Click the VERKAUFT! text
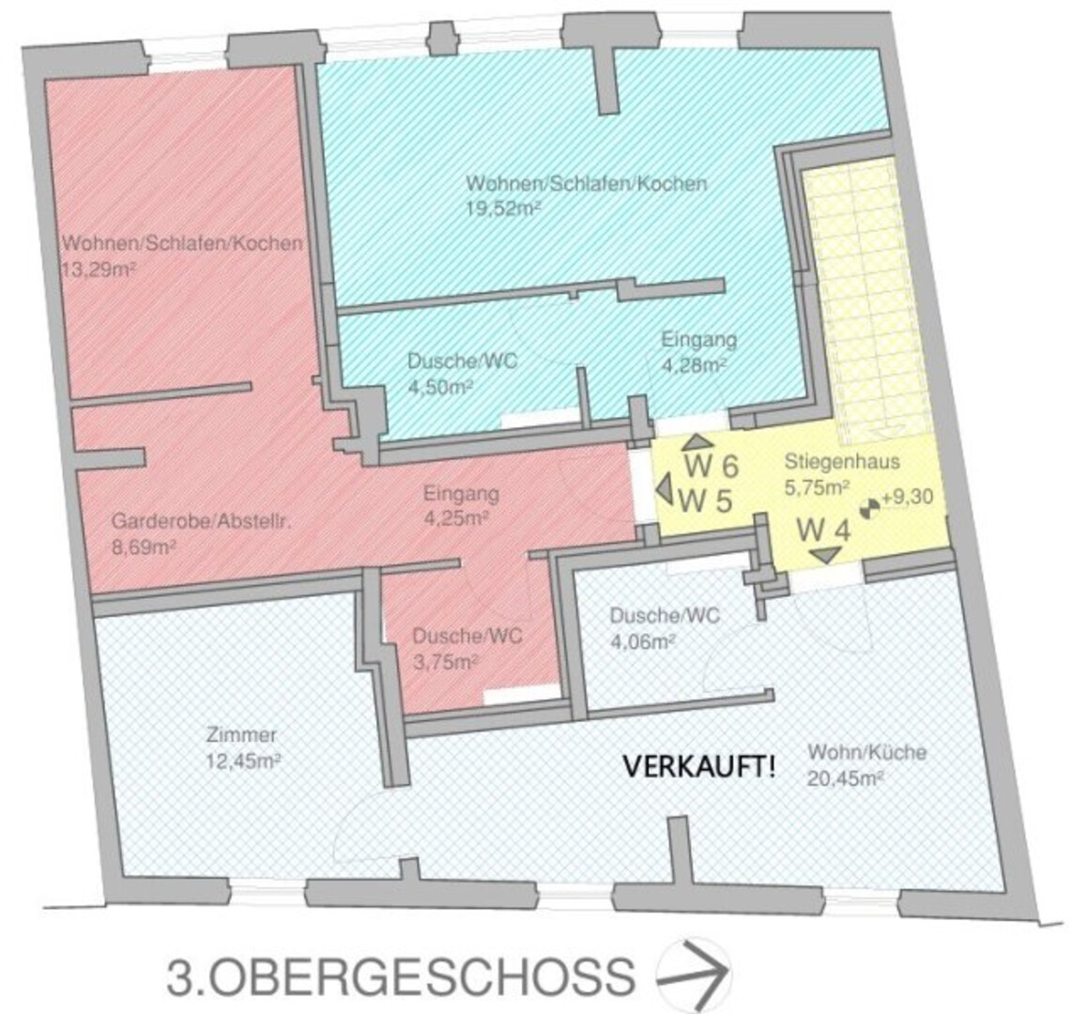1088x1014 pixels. pyautogui.click(x=699, y=767)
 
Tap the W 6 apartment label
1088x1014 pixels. pyautogui.click(x=712, y=467)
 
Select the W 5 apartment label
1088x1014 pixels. pyautogui.click(x=705, y=500)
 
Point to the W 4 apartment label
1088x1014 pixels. pyautogui.click(x=823, y=531)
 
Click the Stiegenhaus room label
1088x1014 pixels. pyautogui.click(x=842, y=462)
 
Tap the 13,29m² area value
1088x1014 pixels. pyautogui.click(x=98, y=269)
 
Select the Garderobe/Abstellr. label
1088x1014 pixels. pyautogui.click(x=201, y=520)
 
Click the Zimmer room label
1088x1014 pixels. pyautogui.click(x=241, y=735)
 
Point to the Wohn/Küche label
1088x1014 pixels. pyautogui.click(x=866, y=752)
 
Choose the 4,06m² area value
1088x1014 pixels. pyautogui.click(x=642, y=641)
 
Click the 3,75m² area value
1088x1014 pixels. pyautogui.click(x=446, y=662)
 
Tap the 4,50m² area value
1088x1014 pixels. pyautogui.click(x=440, y=387)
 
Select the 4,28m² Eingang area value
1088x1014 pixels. pyautogui.click(x=694, y=365)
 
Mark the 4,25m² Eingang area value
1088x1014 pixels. pyautogui.click(x=456, y=518)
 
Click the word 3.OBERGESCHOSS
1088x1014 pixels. pyautogui.click(x=401, y=976)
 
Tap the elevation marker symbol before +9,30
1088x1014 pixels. pyautogui.click(x=869, y=508)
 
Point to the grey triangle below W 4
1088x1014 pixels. pyautogui.click(x=826, y=554)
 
